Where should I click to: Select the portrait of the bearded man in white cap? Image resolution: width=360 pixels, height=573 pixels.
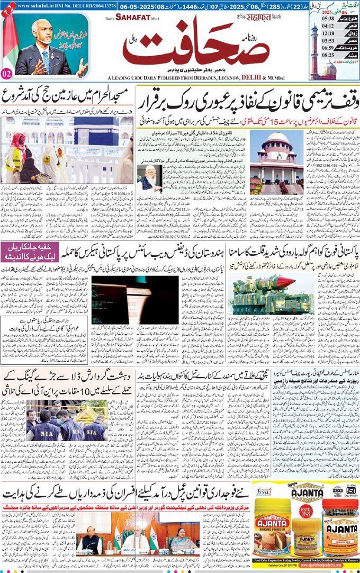[x=149, y=178]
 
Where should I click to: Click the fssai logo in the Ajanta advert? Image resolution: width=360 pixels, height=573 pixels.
[x=263, y=491]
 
